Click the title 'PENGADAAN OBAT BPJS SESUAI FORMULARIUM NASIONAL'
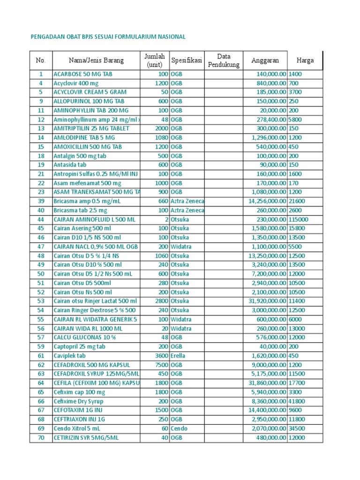click(x=107, y=37)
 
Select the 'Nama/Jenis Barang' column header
click(x=96, y=60)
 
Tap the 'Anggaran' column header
click(x=265, y=60)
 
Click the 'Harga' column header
click(x=305, y=60)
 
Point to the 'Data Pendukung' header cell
click(x=224, y=60)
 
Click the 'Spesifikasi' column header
click(x=187, y=60)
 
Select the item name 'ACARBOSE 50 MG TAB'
click(x=83, y=74)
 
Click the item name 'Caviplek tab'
click(x=70, y=356)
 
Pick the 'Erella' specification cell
click(x=178, y=356)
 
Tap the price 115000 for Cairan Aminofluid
click(x=298, y=219)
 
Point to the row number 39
click(x=41, y=201)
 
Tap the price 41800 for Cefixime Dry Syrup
click(x=297, y=401)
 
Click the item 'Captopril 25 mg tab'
click(x=80, y=347)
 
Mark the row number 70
click(x=41, y=438)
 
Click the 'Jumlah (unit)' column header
click(x=155, y=60)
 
